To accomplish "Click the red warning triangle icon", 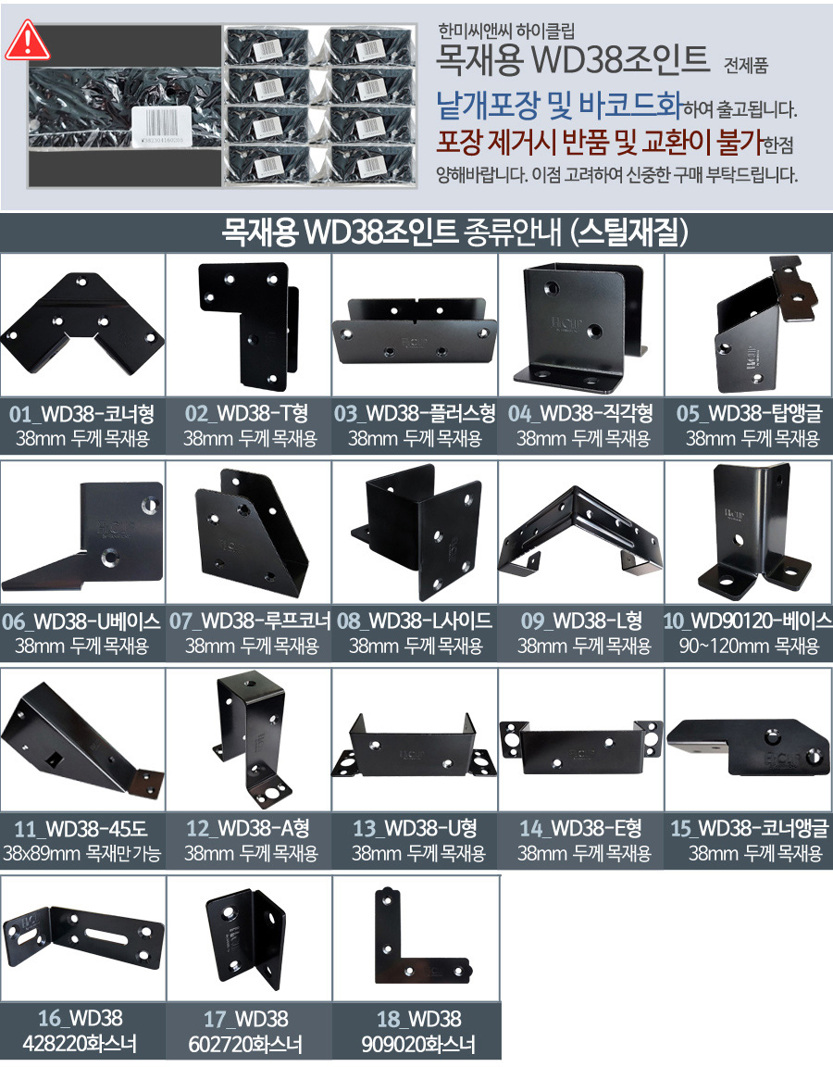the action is tap(27, 41).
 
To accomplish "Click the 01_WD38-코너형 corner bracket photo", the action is tap(81, 323).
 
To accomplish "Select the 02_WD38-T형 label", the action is tap(247, 413).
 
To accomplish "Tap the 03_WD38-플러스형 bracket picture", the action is tap(415, 330).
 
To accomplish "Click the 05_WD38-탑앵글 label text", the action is tap(750, 413).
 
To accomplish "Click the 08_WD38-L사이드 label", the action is tap(415, 621).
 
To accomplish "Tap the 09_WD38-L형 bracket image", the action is tap(580, 531).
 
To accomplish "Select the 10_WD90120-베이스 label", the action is tap(748, 621).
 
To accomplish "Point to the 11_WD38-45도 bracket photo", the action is tap(81, 736).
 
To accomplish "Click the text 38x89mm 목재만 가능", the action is tap(81, 853).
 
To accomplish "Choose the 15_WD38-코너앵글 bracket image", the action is tap(748, 747).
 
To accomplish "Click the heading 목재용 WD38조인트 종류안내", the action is tap(392, 232).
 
